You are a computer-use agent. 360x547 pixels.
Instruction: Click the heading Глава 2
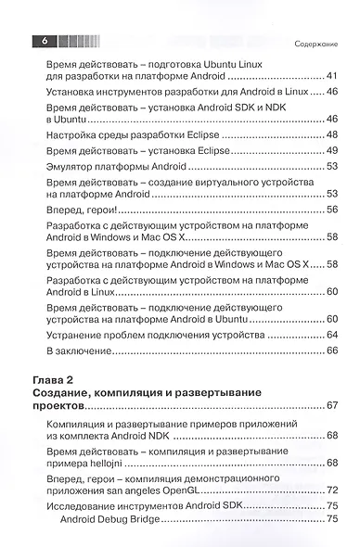[55, 380]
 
